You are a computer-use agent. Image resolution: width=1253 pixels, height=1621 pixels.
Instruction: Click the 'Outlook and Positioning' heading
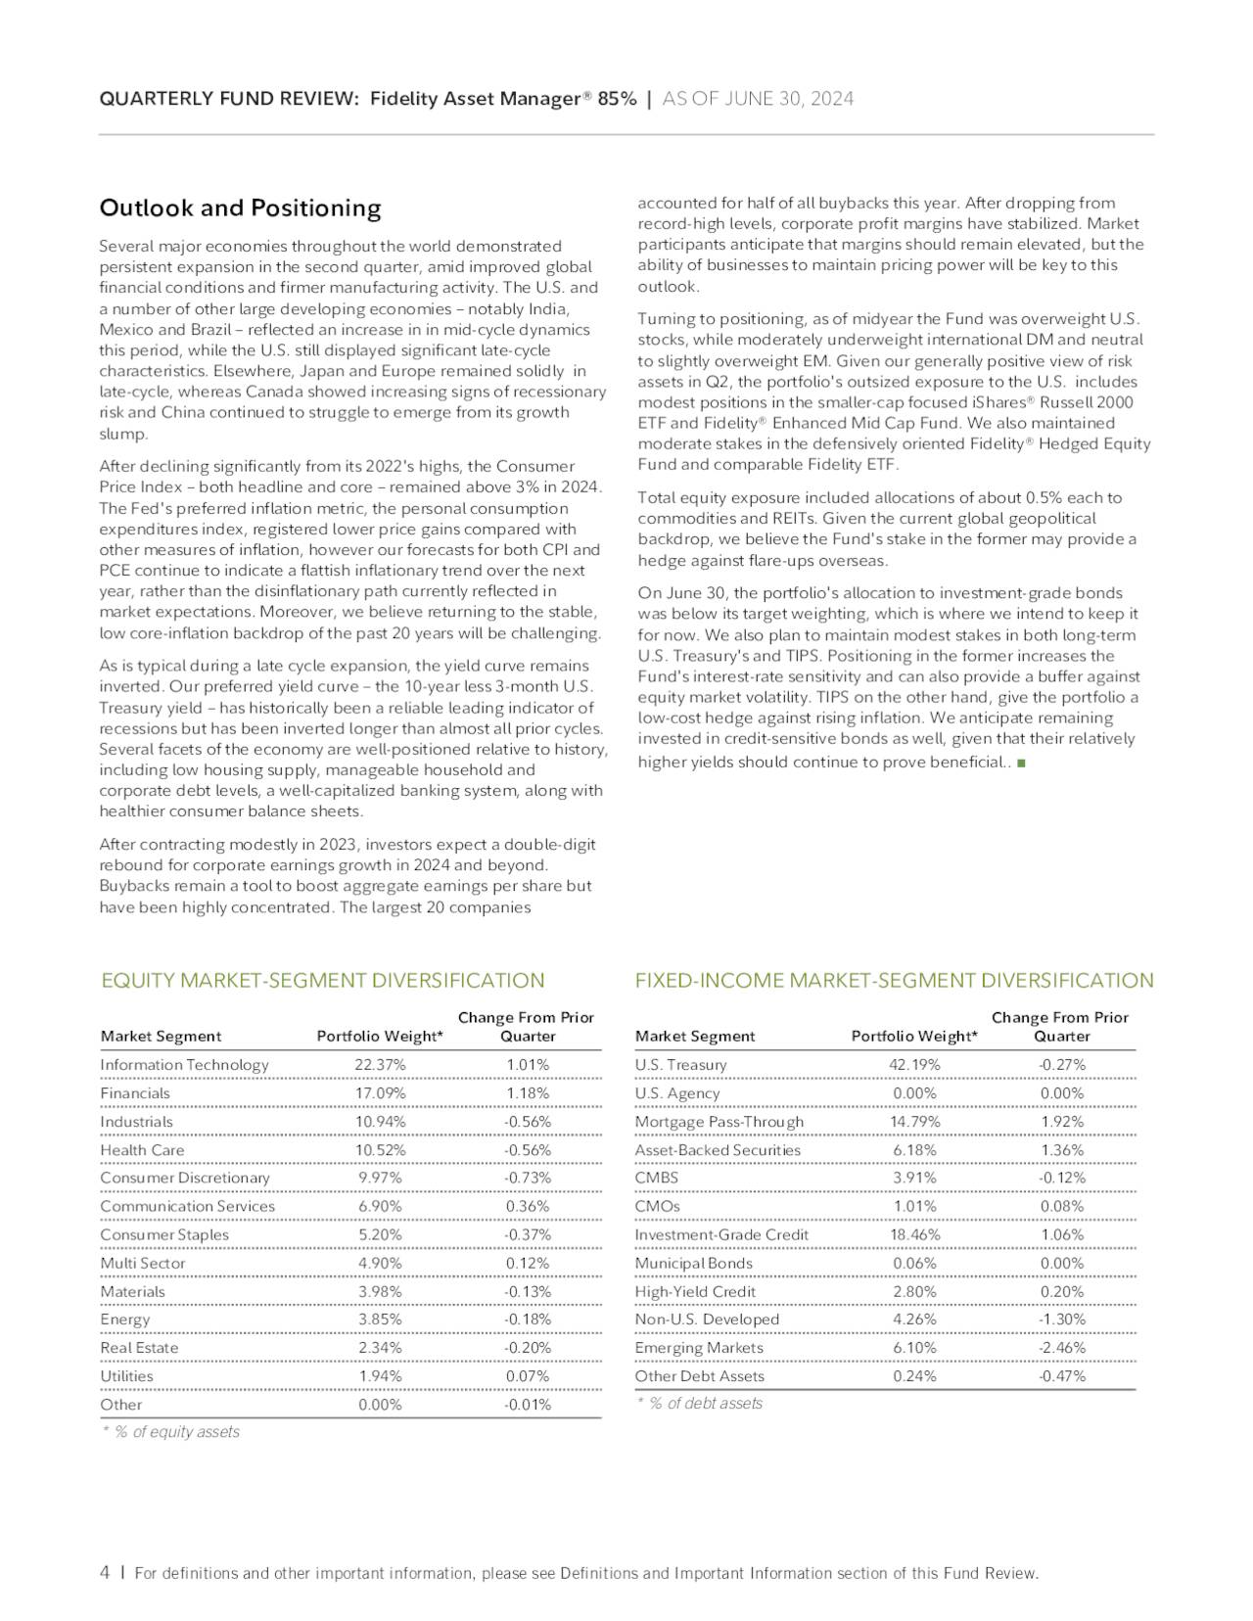[240, 208]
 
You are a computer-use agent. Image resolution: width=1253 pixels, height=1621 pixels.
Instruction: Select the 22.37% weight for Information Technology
[380, 1065]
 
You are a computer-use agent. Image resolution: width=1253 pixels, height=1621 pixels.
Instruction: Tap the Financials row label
[135, 1093]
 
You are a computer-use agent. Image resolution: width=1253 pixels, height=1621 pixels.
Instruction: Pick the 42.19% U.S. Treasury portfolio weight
[914, 1065]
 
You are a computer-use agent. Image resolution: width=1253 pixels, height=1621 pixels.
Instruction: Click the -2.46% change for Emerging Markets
[1061, 1348]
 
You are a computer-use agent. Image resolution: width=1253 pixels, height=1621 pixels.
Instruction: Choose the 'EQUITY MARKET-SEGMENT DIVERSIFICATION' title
[323, 981]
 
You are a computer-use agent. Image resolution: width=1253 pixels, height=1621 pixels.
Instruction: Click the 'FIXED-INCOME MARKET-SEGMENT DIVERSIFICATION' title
[894, 981]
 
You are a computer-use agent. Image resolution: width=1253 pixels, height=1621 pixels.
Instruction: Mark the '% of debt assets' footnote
[705, 1404]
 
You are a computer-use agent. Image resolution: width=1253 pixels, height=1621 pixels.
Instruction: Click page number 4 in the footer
[105, 1573]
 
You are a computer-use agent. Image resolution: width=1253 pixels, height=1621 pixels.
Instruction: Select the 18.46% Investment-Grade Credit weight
[914, 1235]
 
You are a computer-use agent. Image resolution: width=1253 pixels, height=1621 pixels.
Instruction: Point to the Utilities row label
[127, 1376]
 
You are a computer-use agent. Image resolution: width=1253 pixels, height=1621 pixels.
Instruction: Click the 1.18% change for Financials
[527, 1093]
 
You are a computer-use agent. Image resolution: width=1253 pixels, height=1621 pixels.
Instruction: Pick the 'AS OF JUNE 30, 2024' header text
[758, 99]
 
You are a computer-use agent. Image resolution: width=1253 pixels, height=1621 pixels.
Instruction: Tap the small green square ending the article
[1021, 763]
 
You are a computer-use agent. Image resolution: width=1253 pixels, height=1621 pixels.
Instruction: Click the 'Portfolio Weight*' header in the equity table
[380, 1037]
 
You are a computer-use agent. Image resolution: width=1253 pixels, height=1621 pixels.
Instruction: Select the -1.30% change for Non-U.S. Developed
[1061, 1320]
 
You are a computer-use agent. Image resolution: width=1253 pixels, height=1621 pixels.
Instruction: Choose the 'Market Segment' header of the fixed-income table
[695, 1037]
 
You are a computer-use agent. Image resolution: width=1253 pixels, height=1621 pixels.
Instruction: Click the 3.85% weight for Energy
[380, 1320]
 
